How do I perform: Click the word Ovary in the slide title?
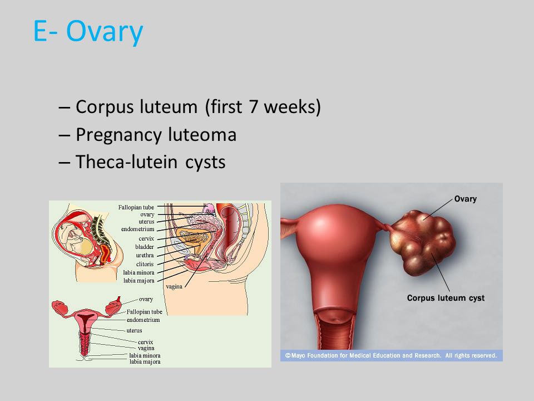click(x=105, y=32)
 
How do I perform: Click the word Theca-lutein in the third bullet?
click(x=126, y=162)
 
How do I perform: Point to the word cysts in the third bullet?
click(x=205, y=162)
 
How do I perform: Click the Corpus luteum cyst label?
click(x=446, y=298)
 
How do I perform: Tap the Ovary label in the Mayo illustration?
click(x=465, y=199)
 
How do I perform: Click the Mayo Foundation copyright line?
click(x=391, y=356)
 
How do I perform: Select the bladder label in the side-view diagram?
click(x=145, y=247)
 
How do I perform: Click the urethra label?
click(x=145, y=256)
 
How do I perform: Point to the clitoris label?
click(x=145, y=264)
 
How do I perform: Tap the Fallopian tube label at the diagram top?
click(x=136, y=207)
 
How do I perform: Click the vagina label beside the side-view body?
click(x=174, y=286)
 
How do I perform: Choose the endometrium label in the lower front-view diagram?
click(x=143, y=320)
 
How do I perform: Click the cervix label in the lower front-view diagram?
click(x=145, y=342)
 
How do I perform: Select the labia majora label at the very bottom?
click(x=145, y=362)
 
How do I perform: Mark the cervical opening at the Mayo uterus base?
click(x=335, y=320)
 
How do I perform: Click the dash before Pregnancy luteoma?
click(x=64, y=135)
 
